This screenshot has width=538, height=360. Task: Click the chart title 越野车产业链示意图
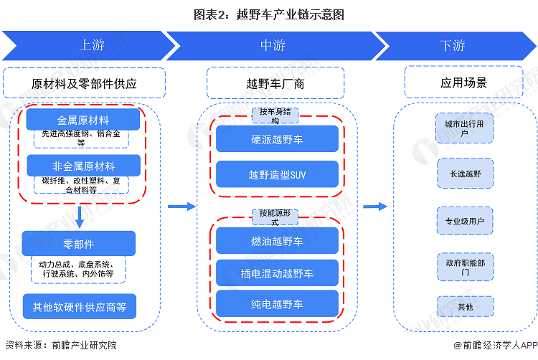pos(269,14)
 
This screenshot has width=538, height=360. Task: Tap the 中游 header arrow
pos(273,45)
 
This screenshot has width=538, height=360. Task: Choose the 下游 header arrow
pos(453,45)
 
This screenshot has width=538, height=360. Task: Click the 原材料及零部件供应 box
pos(85,83)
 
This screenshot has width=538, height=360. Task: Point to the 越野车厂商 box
pos(276,83)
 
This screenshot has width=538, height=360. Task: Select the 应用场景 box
pos(463,83)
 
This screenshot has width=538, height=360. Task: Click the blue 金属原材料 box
pos(83,120)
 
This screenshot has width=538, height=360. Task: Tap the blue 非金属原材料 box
pos(83,166)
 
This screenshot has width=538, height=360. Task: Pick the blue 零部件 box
pos(78,244)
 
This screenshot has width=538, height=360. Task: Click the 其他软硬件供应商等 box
pos(79,307)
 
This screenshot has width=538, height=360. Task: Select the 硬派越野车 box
pos(276,139)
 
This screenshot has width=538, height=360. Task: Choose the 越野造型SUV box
pos(276,174)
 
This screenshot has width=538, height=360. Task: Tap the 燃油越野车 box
pos(276,240)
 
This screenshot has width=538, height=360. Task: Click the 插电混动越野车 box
pos(276,273)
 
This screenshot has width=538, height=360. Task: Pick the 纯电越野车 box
pos(276,304)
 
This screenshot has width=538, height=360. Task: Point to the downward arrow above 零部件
pos(80,217)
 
